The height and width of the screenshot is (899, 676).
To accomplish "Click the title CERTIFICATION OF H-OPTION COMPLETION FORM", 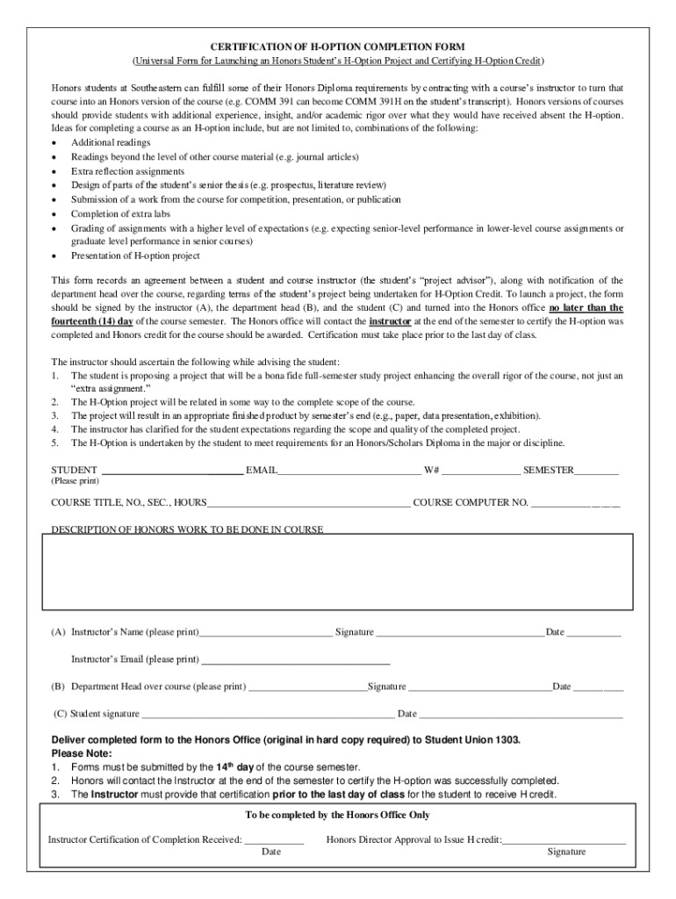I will (x=337, y=46).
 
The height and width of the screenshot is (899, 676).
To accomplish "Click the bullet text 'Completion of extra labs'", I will (x=120, y=213).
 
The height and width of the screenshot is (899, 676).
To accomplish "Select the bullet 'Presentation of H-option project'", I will (x=135, y=255).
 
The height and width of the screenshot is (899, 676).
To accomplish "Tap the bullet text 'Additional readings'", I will (x=111, y=142).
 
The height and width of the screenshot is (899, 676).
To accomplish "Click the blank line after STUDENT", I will (x=172, y=471).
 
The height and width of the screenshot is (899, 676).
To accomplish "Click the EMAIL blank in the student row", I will (x=349, y=471).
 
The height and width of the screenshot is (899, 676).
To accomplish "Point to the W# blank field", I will (x=480, y=471).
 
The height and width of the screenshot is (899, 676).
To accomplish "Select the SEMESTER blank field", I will (x=597, y=471).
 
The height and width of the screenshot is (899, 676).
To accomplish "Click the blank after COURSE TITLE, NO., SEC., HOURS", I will (x=308, y=503).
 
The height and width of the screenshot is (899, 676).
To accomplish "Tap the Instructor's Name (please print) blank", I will (x=266, y=632).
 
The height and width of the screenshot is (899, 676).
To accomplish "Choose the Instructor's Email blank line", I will (x=295, y=659).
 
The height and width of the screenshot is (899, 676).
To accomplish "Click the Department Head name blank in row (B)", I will (x=306, y=687).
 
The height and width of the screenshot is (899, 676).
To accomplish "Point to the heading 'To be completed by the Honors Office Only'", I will (x=337, y=815).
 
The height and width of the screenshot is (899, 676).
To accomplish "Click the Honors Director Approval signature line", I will (x=564, y=840).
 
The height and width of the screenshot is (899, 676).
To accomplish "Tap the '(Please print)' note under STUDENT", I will (x=76, y=481).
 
